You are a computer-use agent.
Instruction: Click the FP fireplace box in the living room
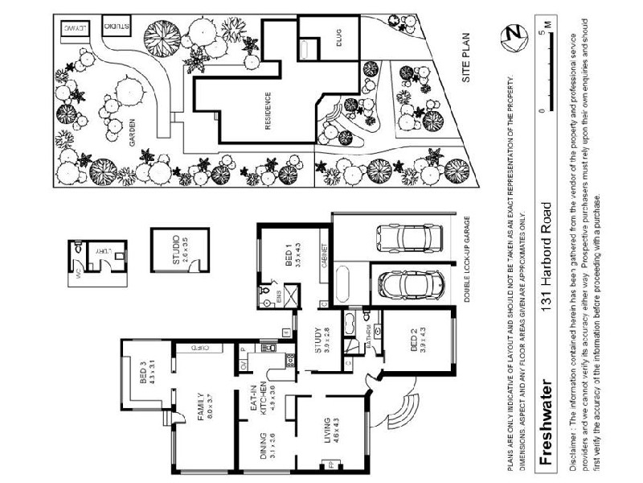click(x=329, y=464)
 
